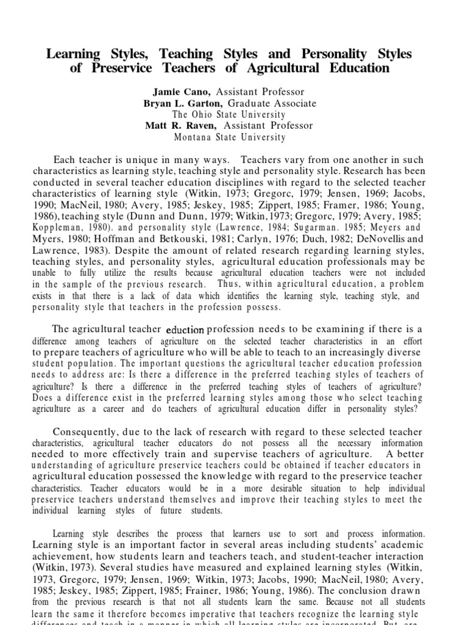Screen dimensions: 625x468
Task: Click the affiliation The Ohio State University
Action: [x=229, y=115]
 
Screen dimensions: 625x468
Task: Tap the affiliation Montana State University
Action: [x=229, y=137]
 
